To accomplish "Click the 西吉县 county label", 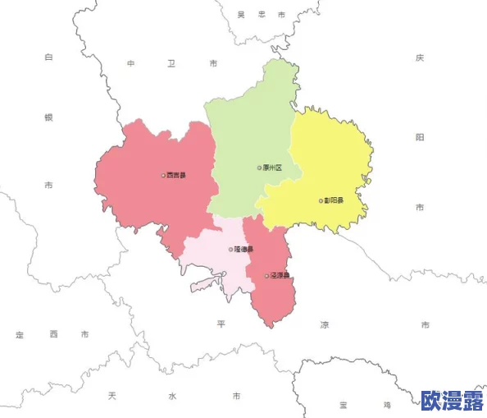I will coord(176,175).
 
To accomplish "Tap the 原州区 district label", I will coord(272,168).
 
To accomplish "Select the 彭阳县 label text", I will coord(334,200).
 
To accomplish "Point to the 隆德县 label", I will coord(244,249).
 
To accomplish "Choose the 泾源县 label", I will coord(280,276).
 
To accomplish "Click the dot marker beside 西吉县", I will coord(163,175).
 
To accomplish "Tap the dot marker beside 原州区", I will coord(259,168).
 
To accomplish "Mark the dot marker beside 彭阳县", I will coord(321,200).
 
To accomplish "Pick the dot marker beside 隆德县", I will coord(231,249).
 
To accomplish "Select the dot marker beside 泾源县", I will coord(266,276).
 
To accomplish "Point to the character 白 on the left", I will coord(48,57).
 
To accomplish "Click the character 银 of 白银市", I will coord(48,117).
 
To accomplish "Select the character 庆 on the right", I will coord(420,57).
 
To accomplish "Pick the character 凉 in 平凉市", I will coord(324,325).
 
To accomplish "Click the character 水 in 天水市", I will coord(172,396).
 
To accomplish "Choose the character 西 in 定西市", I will coord(52,334).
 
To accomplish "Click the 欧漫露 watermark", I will coord(452,401).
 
